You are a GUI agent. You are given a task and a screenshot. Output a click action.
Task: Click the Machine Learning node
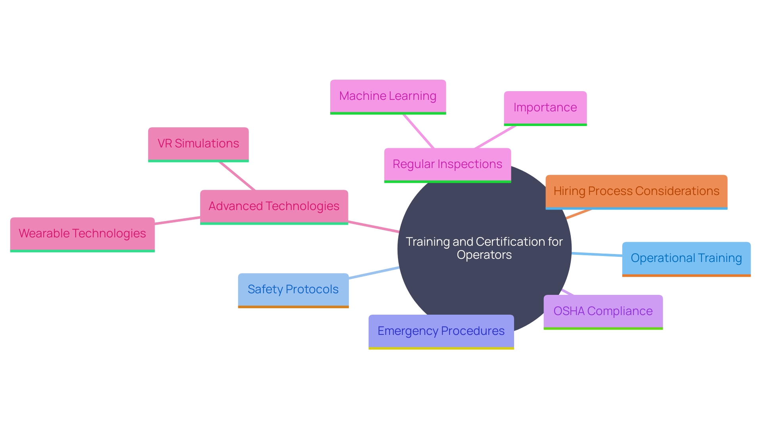[x=388, y=96]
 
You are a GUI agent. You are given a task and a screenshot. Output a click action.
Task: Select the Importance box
[x=545, y=108]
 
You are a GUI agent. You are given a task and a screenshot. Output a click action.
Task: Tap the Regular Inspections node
[x=447, y=164]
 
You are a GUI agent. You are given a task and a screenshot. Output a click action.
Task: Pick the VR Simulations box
[x=198, y=144]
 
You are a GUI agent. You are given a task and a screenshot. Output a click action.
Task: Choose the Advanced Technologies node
[x=274, y=206]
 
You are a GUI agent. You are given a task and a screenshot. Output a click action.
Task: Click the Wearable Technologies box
[x=82, y=234]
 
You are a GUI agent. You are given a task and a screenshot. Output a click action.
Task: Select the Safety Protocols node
[x=293, y=290]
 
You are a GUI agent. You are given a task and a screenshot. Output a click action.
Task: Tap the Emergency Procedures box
[x=441, y=331]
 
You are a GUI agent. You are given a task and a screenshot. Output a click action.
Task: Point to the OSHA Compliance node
[x=603, y=311]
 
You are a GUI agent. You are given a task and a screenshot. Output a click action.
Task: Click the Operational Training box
[x=686, y=258]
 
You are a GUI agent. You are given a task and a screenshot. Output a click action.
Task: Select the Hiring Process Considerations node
[x=636, y=191]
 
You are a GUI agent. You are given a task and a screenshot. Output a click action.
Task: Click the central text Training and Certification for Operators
[x=484, y=248]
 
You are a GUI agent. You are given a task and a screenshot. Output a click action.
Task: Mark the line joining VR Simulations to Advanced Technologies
[x=237, y=176]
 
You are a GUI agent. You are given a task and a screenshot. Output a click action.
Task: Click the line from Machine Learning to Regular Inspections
[x=419, y=131]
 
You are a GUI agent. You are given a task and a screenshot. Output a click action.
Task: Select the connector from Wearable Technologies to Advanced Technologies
[x=177, y=221]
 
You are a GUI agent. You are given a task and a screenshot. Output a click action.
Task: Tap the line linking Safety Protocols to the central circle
[x=374, y=273]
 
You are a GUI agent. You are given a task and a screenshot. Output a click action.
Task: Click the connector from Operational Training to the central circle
[x=597, y=254]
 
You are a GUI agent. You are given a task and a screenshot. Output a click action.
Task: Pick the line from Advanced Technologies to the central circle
[x=373, y=227]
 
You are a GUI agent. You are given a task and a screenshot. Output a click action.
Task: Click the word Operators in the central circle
[x=484, y=255]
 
